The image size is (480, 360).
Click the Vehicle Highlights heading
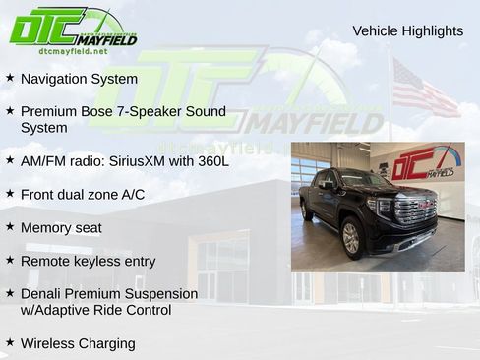coord(407,31)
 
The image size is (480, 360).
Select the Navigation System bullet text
coord(79,78)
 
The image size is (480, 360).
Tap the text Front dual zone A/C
coord(82,194)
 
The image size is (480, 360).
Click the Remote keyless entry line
coord(88,261)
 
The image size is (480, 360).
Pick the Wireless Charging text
coord(78,343)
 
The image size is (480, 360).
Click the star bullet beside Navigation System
coord(10,77)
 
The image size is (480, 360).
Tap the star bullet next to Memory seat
coord(10,226)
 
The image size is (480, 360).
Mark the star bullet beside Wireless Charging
coord(10,342)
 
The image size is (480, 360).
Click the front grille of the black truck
coord(415,210)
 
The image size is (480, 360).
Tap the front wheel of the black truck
coord(351,238)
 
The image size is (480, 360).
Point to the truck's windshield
coord(365,180)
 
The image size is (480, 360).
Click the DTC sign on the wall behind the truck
coord(423,163)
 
